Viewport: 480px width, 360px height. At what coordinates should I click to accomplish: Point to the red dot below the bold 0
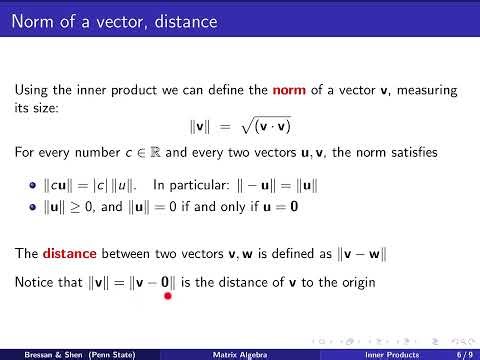(x=168, y=295)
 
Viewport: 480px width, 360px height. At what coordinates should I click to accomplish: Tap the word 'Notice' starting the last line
(x=36, y=283)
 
